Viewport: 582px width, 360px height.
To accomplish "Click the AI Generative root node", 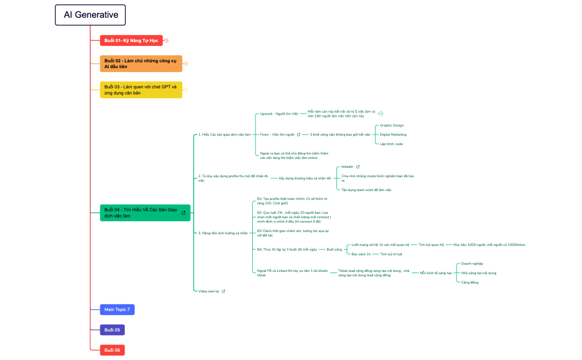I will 90,15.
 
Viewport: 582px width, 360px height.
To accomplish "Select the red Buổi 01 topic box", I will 131,40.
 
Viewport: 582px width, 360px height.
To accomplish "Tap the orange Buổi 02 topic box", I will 141,64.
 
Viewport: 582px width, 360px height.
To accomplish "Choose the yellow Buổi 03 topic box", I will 141,90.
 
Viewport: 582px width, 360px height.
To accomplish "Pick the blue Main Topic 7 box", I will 117,310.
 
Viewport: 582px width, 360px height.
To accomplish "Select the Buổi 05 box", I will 113,330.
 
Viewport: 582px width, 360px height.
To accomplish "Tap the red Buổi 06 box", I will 113,350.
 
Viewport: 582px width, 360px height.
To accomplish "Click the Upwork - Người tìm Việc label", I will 279,114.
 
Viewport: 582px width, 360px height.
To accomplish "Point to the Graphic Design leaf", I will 391,125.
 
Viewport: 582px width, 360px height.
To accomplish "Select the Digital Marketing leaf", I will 393,135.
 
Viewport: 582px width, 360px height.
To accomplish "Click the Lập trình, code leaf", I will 391,144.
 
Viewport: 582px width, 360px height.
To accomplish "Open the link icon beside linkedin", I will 358,167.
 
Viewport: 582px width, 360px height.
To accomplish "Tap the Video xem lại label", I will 209,291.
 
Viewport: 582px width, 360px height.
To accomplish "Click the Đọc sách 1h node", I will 361,254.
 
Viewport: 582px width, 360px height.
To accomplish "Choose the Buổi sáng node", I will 334,249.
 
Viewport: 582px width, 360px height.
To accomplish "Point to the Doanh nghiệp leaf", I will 472,264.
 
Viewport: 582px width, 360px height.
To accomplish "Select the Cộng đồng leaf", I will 469,282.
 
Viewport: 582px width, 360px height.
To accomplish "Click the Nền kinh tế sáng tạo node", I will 436,273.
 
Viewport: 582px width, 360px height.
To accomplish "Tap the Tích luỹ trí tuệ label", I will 391,254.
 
